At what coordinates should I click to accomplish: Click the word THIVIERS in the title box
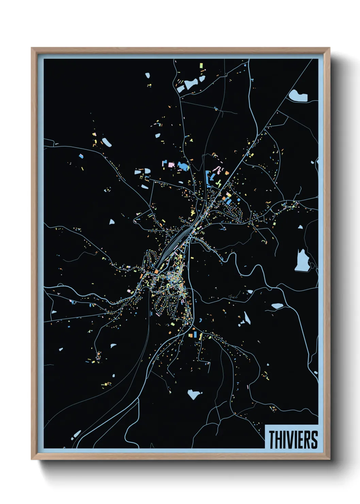pyautogui.click(x=293, y=440)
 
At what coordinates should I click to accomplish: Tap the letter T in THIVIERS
pyautogui.click(x=273, y=440)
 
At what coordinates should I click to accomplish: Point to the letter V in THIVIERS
pyautogui.click(x=290, y=440)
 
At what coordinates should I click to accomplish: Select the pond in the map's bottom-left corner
pyautogui.click(x=77, y=434)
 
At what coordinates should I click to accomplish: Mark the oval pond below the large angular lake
pyautogui.click(x=277, y=306)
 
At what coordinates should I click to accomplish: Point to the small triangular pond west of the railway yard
pyautogui.click(x=112, y=222)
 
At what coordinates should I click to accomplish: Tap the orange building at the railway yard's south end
pyautogui.click(x=157, y=271)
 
